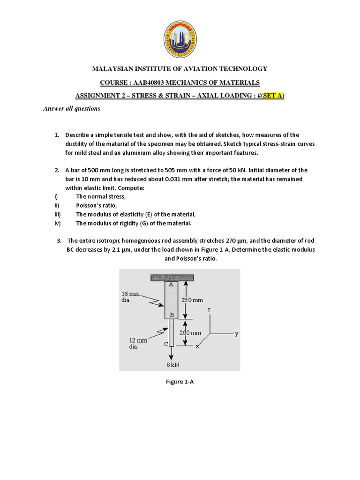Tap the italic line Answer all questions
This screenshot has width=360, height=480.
coord(72,109)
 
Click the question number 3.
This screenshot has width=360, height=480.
coord(59,241)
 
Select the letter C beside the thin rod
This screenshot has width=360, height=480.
coord(165,345)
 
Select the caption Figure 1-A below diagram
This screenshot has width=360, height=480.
coord(180,382)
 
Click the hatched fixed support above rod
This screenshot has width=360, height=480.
coord(173,278)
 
